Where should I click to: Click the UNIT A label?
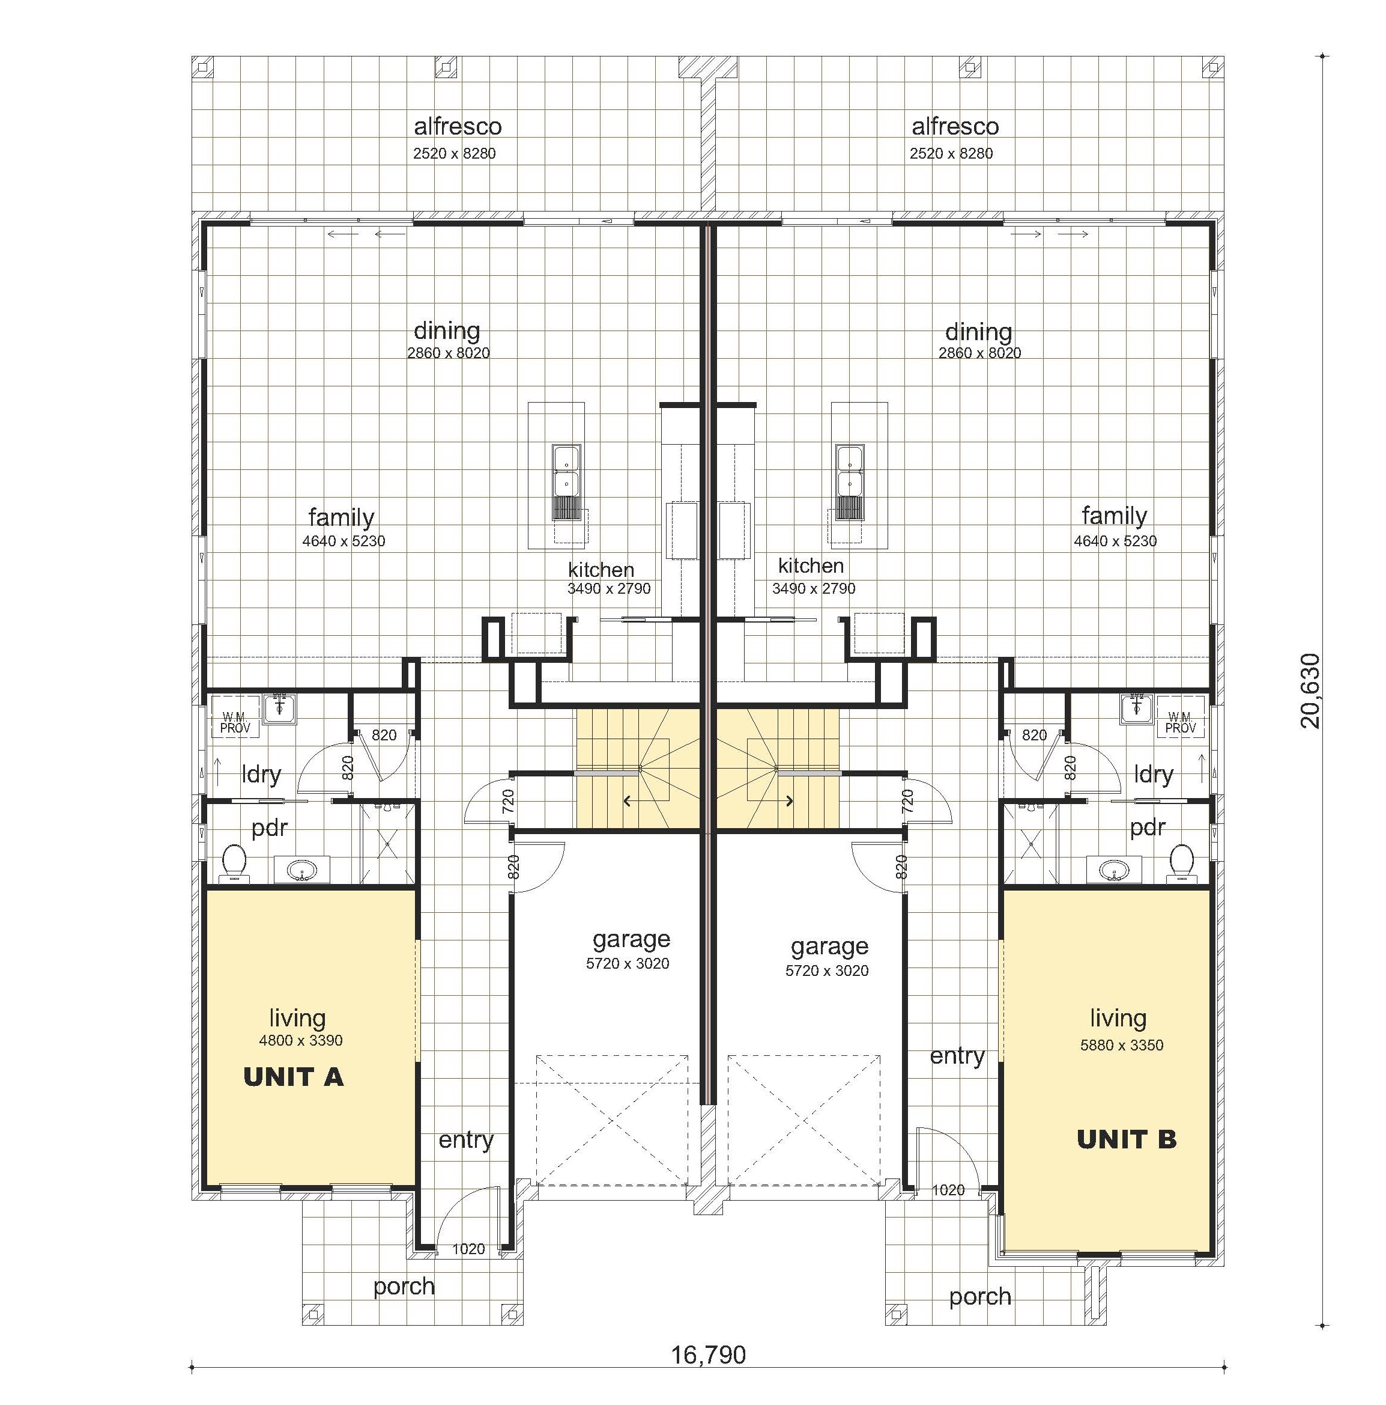[293, 1077]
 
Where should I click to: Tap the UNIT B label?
[1126, 1139]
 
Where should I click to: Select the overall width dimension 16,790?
[708, 1355]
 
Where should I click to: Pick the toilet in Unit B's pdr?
[1181, 862]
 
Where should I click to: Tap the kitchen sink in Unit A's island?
[566, 471]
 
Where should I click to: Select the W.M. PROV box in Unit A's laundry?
[235, 723]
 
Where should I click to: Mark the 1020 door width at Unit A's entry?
[468, 1249]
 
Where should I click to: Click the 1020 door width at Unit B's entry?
[948, 1190]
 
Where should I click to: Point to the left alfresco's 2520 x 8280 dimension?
[454, 153]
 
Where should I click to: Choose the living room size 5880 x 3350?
[1121, 1045]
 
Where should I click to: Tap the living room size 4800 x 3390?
[300, 1041]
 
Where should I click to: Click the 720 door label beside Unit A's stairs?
[508, 800]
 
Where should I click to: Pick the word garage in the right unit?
[829, 946]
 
